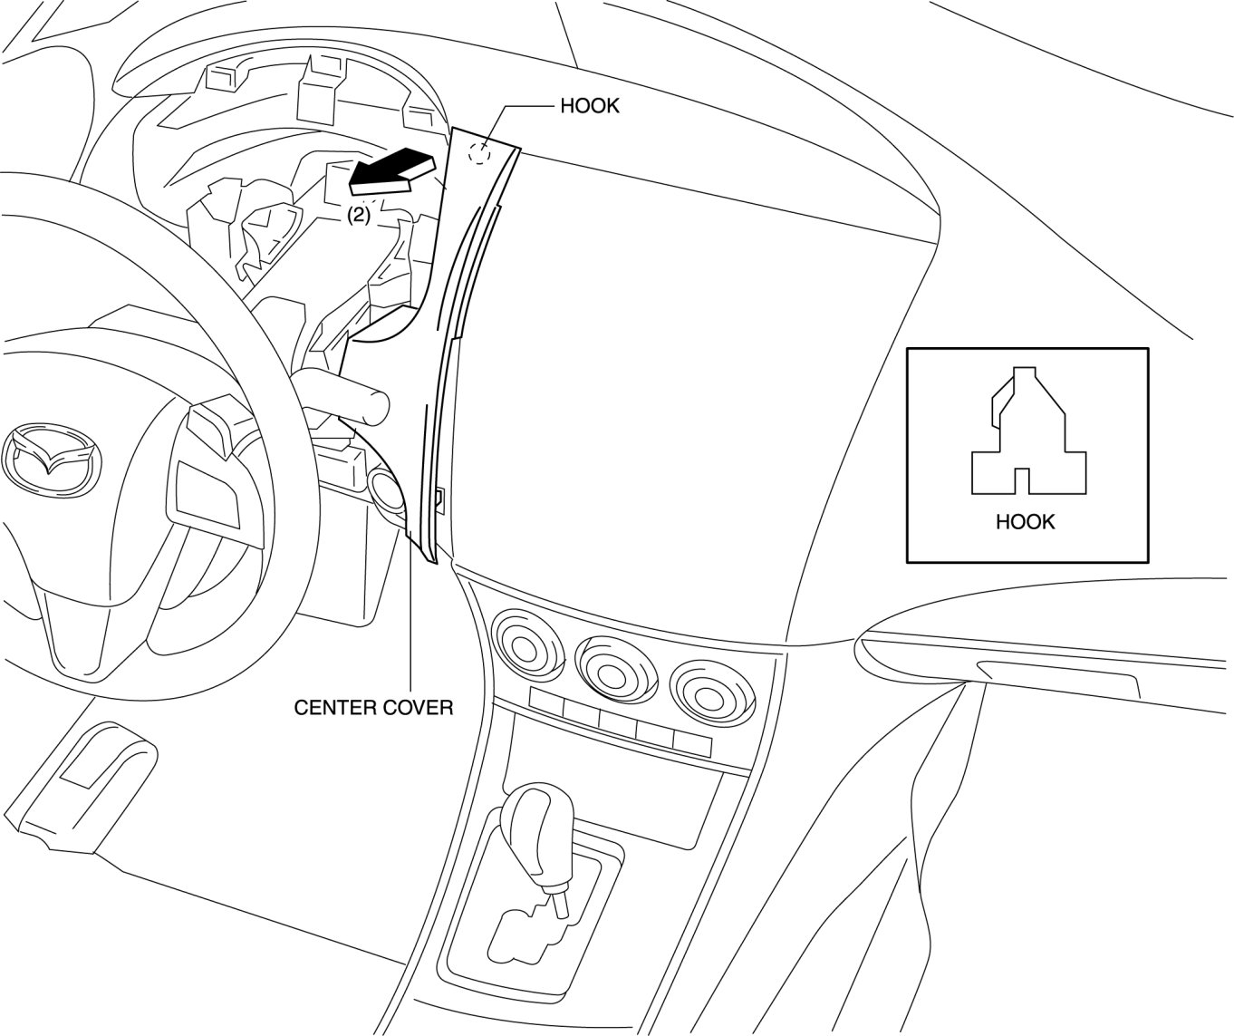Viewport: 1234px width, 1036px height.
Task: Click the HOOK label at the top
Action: point(589,106)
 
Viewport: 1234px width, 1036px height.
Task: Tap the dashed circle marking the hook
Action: point(479,153)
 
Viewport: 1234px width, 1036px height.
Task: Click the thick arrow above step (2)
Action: point(391,172)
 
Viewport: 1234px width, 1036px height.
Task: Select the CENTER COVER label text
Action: point(373,707)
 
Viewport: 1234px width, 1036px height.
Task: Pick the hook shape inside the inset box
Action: point(1028,434)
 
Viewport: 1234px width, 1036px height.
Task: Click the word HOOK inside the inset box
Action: point(1025,522)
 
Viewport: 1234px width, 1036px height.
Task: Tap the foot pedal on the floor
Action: point(91,785)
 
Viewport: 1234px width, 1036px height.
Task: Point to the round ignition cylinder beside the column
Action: point(389,494)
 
